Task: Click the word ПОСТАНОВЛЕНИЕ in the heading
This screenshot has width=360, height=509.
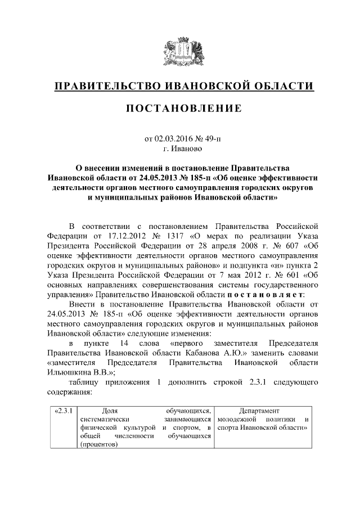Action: pyautogui.click(x=180, y=108)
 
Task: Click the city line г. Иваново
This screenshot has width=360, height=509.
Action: pyautogui.click(x=180, y=150)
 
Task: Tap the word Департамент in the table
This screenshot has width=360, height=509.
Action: pyautogui.click(x=259, y=411)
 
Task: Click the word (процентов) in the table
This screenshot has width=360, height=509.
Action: pyautogui.click(x=98, y=444)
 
